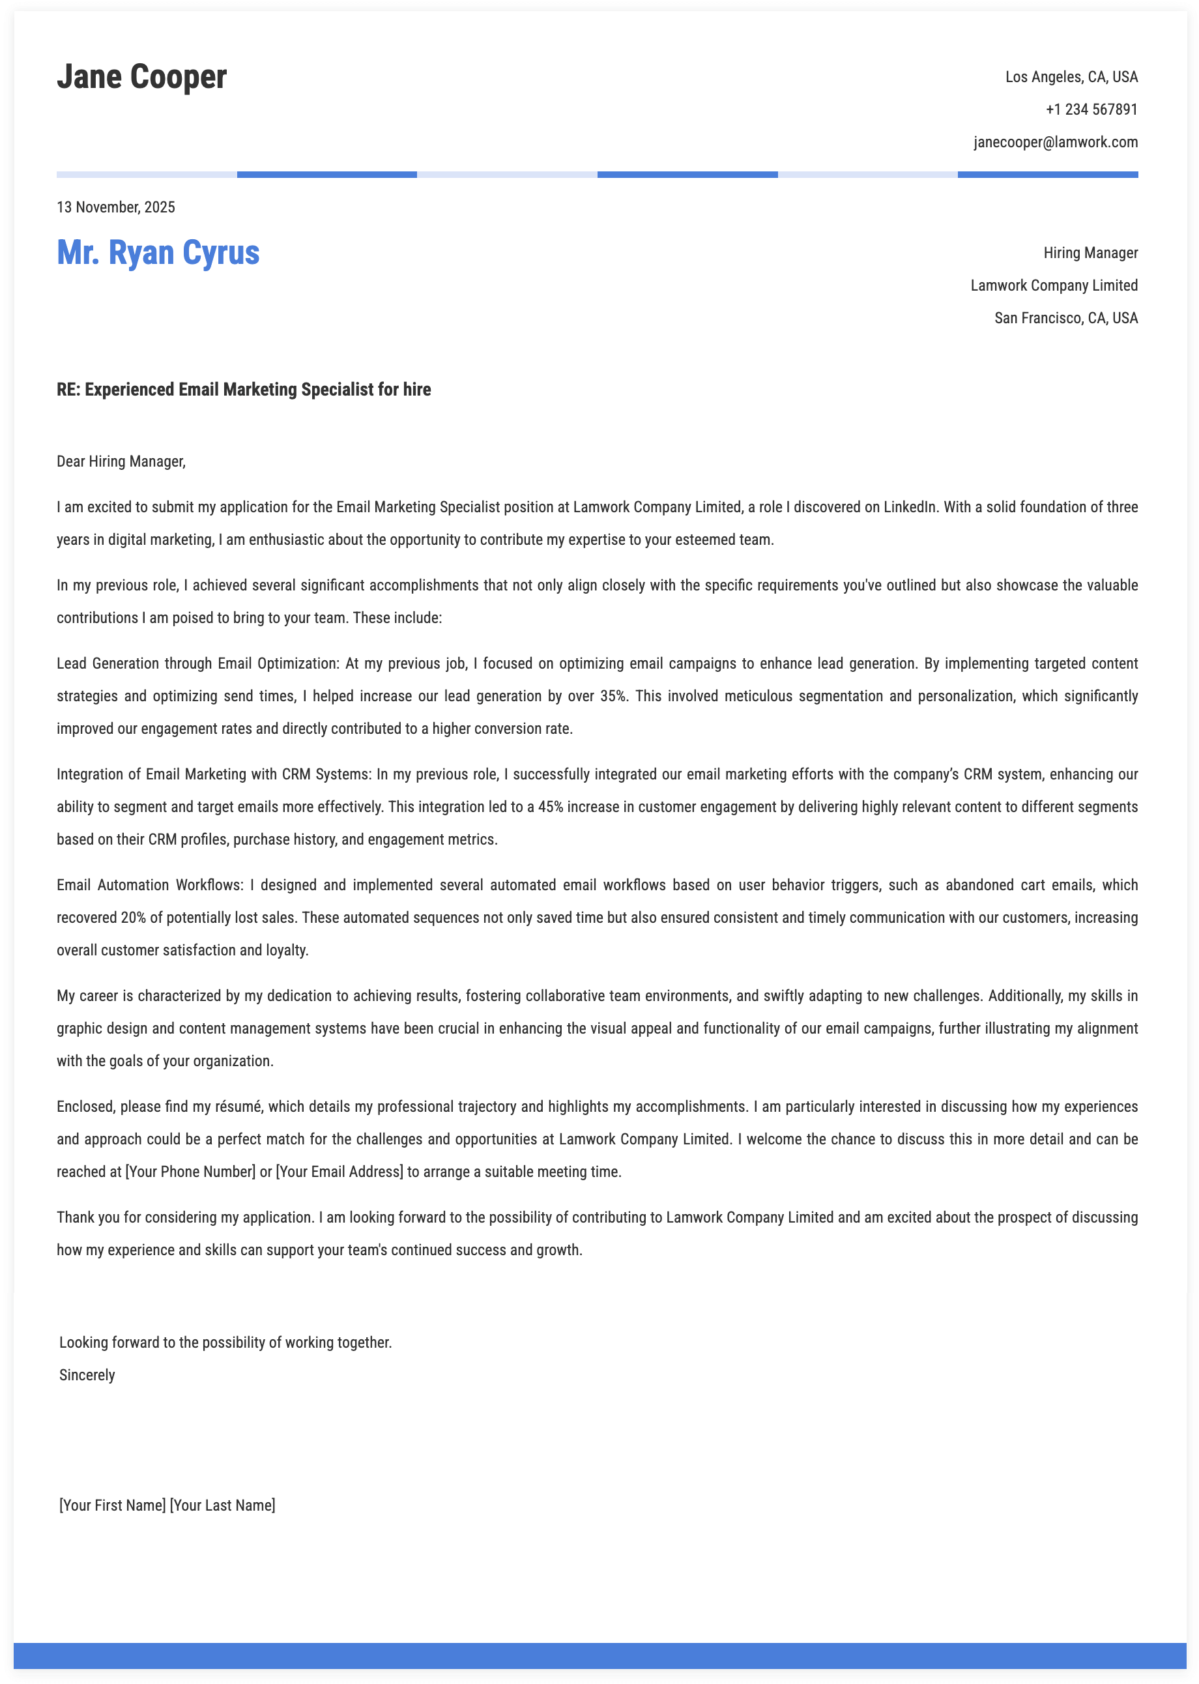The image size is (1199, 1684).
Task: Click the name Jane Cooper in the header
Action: point(142,77)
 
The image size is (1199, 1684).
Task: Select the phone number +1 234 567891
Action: point(1091,110)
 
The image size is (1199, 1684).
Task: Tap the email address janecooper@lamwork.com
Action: point(1055,143)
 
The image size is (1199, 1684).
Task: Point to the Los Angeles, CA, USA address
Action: point(1071,78)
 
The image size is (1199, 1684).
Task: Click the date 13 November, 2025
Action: point(116,207)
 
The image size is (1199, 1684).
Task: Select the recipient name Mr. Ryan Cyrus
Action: point(158,252)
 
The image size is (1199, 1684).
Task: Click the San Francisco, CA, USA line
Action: point(1065,318)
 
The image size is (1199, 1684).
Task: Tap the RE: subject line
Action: point(244,390)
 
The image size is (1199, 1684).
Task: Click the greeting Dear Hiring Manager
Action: point(121,462)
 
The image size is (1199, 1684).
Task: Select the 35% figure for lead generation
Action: point(612,696)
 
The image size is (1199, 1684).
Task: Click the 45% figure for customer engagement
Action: point(551,807)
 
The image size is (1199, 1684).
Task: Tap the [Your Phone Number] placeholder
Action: point(190,1172)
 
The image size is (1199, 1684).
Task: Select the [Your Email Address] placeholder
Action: point(339,1172)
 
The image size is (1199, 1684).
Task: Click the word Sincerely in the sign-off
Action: point(87,1375)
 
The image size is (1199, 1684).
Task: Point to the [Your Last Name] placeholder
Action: point(222,1505)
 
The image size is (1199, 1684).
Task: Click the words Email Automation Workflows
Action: point(149,885)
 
